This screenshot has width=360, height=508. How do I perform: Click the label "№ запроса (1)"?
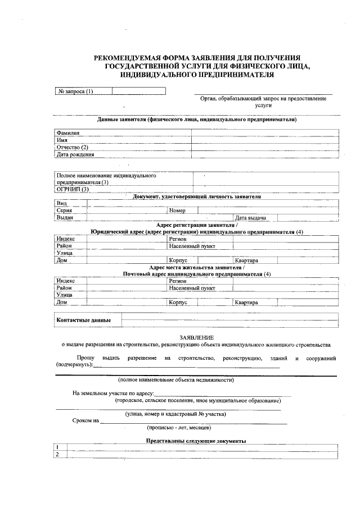pyautogui.click(x=75, y=91)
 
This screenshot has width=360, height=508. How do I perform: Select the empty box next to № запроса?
pyautogui.click(x=127, y=91)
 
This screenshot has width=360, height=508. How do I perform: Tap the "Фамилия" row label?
pyautogui.click(x=67, y=133)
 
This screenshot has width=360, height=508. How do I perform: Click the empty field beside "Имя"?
pyautogui.click(x=264, y=140)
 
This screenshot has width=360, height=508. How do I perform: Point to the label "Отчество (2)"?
pyautogui.click(x=73, y=147)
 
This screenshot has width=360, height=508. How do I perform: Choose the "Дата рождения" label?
pyautogui.click(x=75, y=154)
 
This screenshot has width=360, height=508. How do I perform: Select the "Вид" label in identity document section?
pyautogui.click(x=61, y=203)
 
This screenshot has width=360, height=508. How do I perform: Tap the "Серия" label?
pyautogui.click(x=64, y=210)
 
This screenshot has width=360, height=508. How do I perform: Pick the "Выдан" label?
pyautogui.click(x=65, y=217)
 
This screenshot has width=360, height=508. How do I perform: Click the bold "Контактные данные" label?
pyautogui.click(x=83, y=320)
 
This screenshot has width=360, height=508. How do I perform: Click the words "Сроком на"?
pyautogui.click(x=85, y=420)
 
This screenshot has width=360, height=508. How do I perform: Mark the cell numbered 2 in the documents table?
pyautogui.click(x=58, y=454)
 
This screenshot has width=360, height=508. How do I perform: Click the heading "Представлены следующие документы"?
pyautogui.click(x=196, y=441)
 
